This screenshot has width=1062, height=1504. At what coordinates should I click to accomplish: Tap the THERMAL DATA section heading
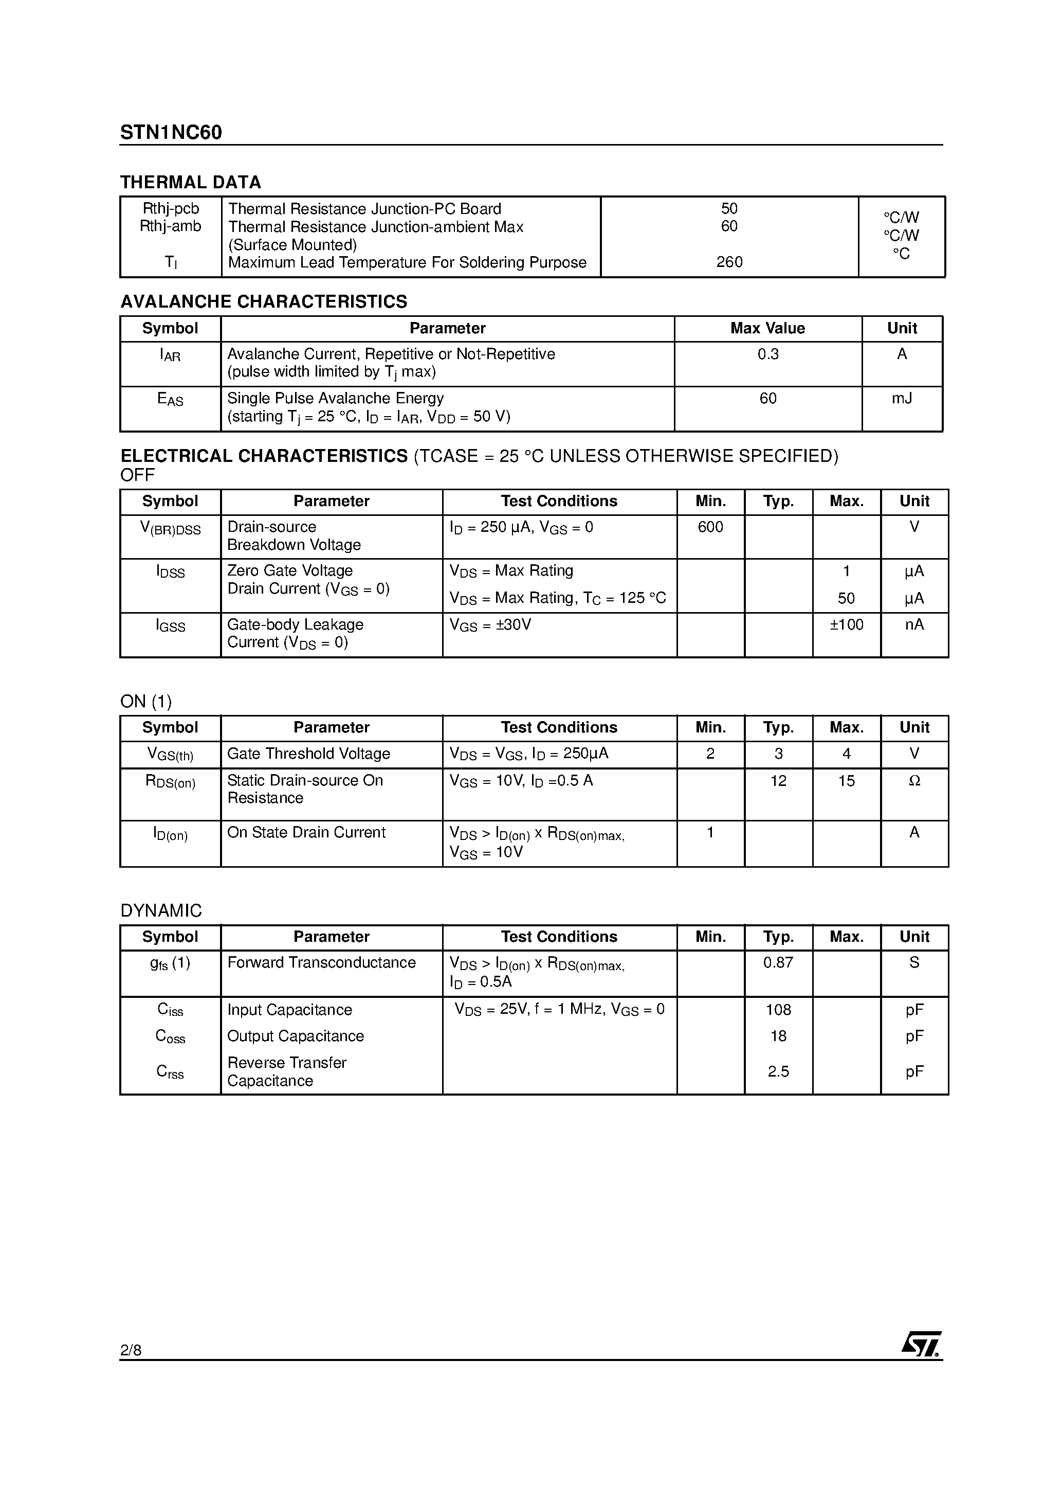point(191,182)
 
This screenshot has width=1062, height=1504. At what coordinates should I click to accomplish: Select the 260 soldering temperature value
point(729,262)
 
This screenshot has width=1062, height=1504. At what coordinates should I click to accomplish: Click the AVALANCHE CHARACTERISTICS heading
point(263,301)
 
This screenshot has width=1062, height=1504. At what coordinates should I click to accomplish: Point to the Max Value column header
point(767,328)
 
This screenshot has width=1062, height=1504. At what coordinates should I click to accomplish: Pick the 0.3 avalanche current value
point(768,354)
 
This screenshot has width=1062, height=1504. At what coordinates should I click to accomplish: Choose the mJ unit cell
point(902,398)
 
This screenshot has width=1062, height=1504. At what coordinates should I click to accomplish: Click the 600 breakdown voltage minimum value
point(710,527)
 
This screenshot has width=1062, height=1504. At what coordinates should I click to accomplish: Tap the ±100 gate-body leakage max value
point(847,625)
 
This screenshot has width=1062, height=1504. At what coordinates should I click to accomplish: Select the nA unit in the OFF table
point(914,625)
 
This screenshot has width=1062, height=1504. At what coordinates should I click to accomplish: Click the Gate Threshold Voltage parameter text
point(308,754)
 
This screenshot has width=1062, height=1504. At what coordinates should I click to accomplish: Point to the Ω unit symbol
point(914,781)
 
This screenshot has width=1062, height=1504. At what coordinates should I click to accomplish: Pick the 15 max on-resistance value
point(847,781)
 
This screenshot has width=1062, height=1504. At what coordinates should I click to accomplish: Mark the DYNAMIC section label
point(161,910)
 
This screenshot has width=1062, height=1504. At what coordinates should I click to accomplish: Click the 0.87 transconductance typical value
point(778,963)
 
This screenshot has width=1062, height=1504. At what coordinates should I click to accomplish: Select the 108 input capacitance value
point(778,1010)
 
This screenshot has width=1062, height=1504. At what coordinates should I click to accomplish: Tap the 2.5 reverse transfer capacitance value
point(778,1071)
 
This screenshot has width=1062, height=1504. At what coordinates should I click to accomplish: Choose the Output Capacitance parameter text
point(295,1036)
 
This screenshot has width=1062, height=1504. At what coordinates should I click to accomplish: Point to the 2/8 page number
point(131,1350)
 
